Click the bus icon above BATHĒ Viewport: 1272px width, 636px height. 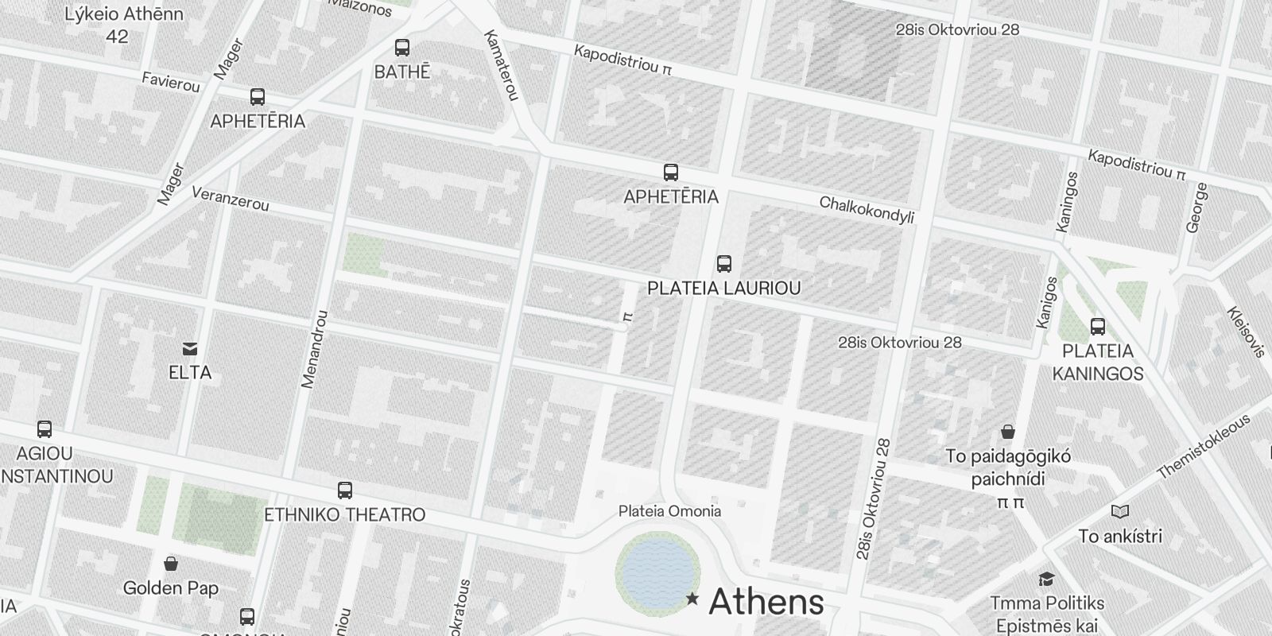pos(402,48)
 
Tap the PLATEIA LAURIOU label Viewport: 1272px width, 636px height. pos(723,288)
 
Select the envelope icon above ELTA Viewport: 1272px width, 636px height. pos(190,348)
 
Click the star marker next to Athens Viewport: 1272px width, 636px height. pos(692,599)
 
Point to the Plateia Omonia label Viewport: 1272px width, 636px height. pos(669,511)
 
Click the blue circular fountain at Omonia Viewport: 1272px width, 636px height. pos(657,571)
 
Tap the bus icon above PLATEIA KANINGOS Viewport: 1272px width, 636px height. pos(1098,326)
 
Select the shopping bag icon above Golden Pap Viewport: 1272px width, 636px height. pos(170,564)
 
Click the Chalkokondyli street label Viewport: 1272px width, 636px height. pos(867,211)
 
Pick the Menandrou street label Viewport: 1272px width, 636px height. pos(314,349)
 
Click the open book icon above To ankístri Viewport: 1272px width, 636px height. pos(1119,512)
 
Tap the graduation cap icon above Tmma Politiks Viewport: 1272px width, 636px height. pos(1046,579)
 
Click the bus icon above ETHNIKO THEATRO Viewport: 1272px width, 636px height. pos(344,491)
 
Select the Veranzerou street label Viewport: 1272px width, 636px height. pos(231,199)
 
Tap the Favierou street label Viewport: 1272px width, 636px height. pos(170,81)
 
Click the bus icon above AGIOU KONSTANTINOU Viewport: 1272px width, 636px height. pos(45,429)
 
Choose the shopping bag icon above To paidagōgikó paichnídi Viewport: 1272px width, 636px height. pos(1007,432)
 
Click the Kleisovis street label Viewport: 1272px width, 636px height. pos(1246,332)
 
